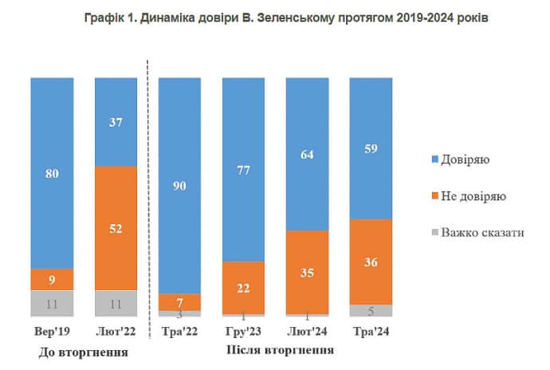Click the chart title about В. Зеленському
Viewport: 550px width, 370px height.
click(x=275, y=18)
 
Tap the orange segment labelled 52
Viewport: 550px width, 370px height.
click(x=116, y=227)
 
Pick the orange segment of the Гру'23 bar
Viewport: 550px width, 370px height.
click(x=244, y=287)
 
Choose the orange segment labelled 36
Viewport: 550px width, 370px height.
click(x=371, y=262)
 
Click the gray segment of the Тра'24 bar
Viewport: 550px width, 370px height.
click(x=371, y=309)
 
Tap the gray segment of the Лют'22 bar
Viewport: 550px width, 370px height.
click(x=116, y=302)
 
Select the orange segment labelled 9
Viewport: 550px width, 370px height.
click(x=53, y=279)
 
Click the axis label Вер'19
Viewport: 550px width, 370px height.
click(x=53, y=331)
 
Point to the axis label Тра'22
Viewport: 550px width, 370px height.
click(x=180, y=331)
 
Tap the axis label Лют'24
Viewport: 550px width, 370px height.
click(x=308, y=331)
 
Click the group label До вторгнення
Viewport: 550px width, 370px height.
click(x=84, y=352)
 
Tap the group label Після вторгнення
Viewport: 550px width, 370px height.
click(x=275, y=350)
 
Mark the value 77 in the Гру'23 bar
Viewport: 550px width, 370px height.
click(x=244, y=170)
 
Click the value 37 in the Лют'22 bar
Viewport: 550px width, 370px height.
click(x=116, y=121)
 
